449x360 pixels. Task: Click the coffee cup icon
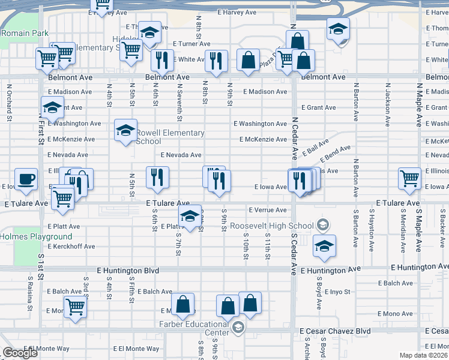point(26,179)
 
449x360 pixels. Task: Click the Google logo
point(20,353)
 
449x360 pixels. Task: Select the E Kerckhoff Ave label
point(71,247)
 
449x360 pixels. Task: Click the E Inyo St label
point(338,292)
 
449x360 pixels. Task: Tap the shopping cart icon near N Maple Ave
point(409,178)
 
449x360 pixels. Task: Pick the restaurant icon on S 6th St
point(157,176)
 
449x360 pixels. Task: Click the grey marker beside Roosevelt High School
point(322,226)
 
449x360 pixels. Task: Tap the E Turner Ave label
point(191,44)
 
